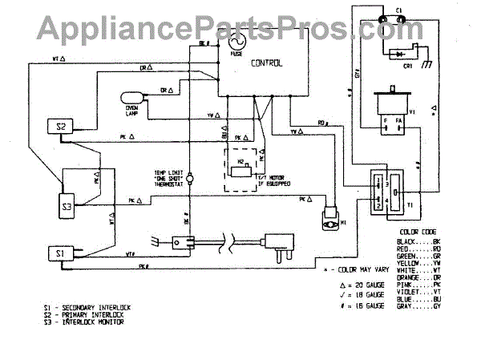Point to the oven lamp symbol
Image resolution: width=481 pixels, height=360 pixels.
click(x=131, y=99)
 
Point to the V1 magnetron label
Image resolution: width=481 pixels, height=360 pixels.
click(x=412, y=112)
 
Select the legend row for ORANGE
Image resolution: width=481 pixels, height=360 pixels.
click(x=418, y=277)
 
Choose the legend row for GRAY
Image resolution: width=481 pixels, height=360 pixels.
click(x=418, y=306)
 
